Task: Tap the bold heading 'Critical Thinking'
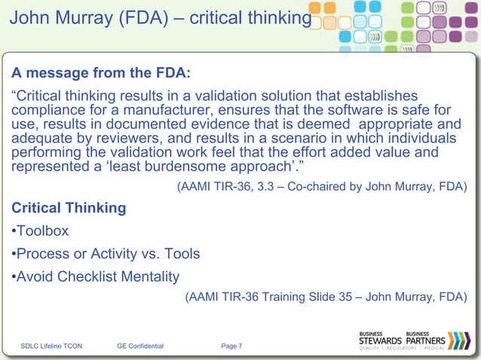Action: (68, 207)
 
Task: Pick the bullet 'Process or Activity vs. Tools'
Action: (104, 253)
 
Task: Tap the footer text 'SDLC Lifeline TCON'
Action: (52, 346)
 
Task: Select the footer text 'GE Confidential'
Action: (140, 346)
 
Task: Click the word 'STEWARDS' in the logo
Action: (381, 340)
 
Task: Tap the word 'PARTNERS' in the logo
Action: (427, 340)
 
